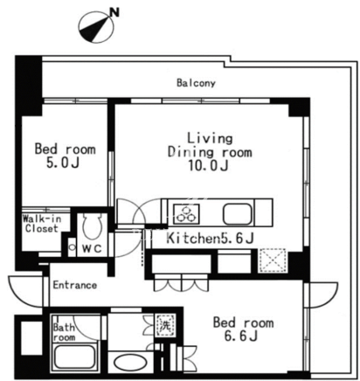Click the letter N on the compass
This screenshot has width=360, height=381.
(115, 12)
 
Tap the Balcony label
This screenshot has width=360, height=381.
(196, 83)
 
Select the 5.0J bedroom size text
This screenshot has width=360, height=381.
(63, 163)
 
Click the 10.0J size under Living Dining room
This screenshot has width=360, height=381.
(208, 166)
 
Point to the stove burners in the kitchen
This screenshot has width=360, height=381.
(186, 213)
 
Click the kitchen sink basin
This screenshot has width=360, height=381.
(238, 214)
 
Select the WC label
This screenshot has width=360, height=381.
(92, 248)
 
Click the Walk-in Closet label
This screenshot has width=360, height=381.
(41, 224)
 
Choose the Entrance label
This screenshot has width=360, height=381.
(75, 285)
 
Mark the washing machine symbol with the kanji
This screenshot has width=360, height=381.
(165, 325)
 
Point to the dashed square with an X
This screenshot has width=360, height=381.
(272, 260)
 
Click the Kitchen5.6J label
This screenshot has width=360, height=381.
(210, 239)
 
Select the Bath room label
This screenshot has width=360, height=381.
(64, 332)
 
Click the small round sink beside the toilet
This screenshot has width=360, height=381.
(72, 247)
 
